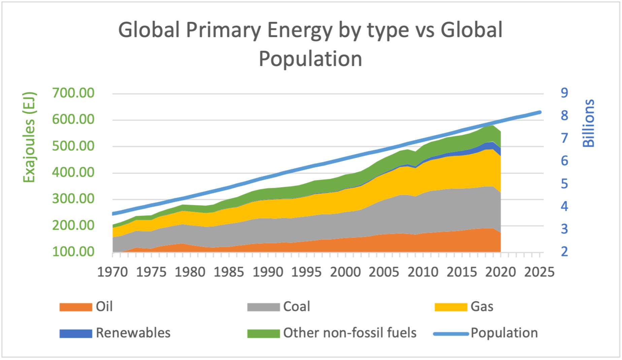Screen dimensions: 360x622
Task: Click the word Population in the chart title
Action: tap(310, 59)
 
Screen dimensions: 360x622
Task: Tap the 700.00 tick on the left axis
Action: tap(73, 93)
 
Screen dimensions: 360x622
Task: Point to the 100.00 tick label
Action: tap(73, 252)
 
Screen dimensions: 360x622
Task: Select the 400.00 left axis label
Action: tap(73, 172)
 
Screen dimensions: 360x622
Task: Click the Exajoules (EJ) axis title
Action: tap(29, 137)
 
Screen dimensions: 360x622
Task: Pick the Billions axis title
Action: tap(588, 123)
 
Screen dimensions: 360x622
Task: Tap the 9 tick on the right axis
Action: tap(564, 93)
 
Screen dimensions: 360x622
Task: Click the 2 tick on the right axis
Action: tap(564, 251)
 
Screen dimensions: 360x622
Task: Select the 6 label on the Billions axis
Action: tap(564, 161)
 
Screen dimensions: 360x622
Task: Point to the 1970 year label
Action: tap(112, 272)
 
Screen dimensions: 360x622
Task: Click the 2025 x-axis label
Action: tap(539, 272)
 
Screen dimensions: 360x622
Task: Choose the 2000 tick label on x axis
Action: tap(345, 272)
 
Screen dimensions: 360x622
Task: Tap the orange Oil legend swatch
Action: tap(76, 307)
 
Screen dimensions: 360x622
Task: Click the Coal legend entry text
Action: tap(296, 306)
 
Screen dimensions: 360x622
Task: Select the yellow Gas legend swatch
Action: tap(451, 307)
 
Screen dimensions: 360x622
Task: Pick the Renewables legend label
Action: tap(133, 333)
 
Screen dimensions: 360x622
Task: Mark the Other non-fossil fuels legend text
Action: tap(350, 333)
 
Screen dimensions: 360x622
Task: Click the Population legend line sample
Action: tap(451, 334)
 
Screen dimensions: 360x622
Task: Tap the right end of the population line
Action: tap(539, 112)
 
